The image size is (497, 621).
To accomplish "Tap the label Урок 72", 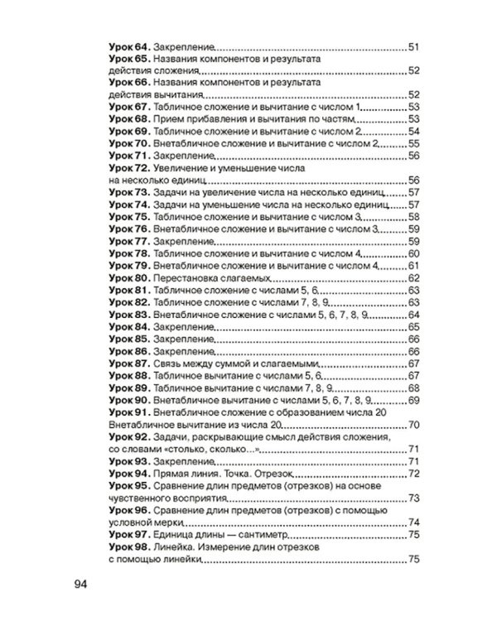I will click(x=128, y=168).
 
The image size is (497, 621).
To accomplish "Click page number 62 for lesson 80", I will click(x=416, y=278).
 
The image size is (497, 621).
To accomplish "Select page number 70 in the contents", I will click(x=416, y=425).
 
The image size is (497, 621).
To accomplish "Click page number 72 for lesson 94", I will click(x=416, y=474).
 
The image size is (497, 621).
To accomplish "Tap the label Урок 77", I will click(x=128, y=241).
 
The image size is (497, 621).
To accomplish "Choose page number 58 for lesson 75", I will click(x=416, y=217).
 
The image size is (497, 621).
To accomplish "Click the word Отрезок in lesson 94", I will click(x=285, y=474).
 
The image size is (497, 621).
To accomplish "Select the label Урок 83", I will click(x=128, y=315).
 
